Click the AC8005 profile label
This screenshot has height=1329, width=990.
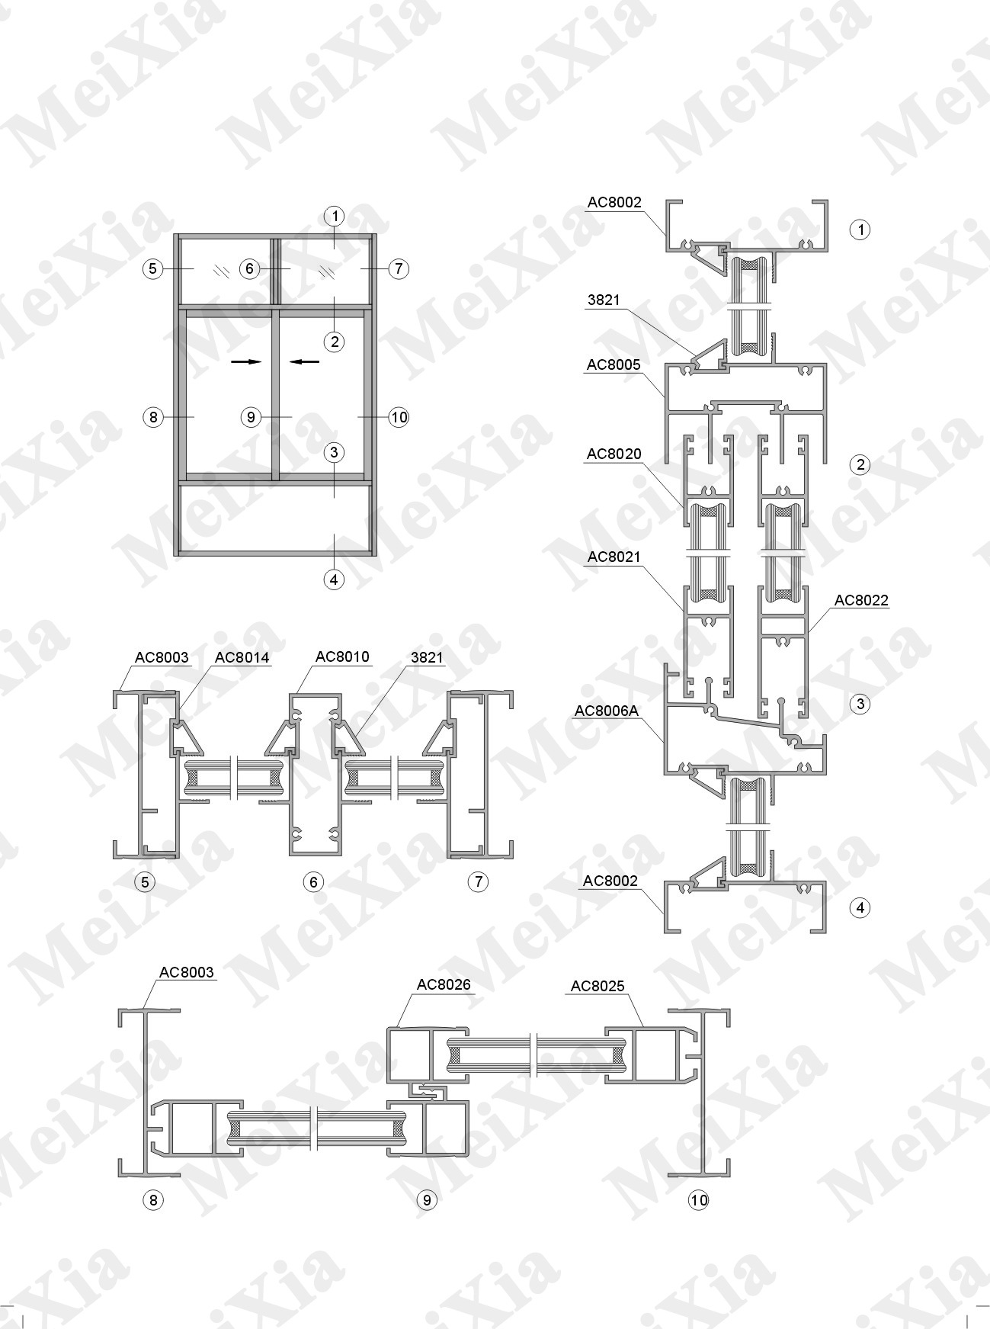pos(614,365)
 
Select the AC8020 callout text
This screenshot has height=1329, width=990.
pos(614,454)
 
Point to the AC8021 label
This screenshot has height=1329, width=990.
pos(614,557)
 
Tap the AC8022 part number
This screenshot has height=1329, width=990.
pos(861,601)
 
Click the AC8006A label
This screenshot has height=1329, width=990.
pos(607,711)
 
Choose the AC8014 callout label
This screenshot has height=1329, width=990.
pos(242,657)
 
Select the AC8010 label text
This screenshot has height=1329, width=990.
pos(342,656)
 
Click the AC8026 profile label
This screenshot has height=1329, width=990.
pos(444,984)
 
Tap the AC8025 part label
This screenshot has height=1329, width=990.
pos(598,986)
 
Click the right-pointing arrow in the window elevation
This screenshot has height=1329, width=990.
pos(246,362)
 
